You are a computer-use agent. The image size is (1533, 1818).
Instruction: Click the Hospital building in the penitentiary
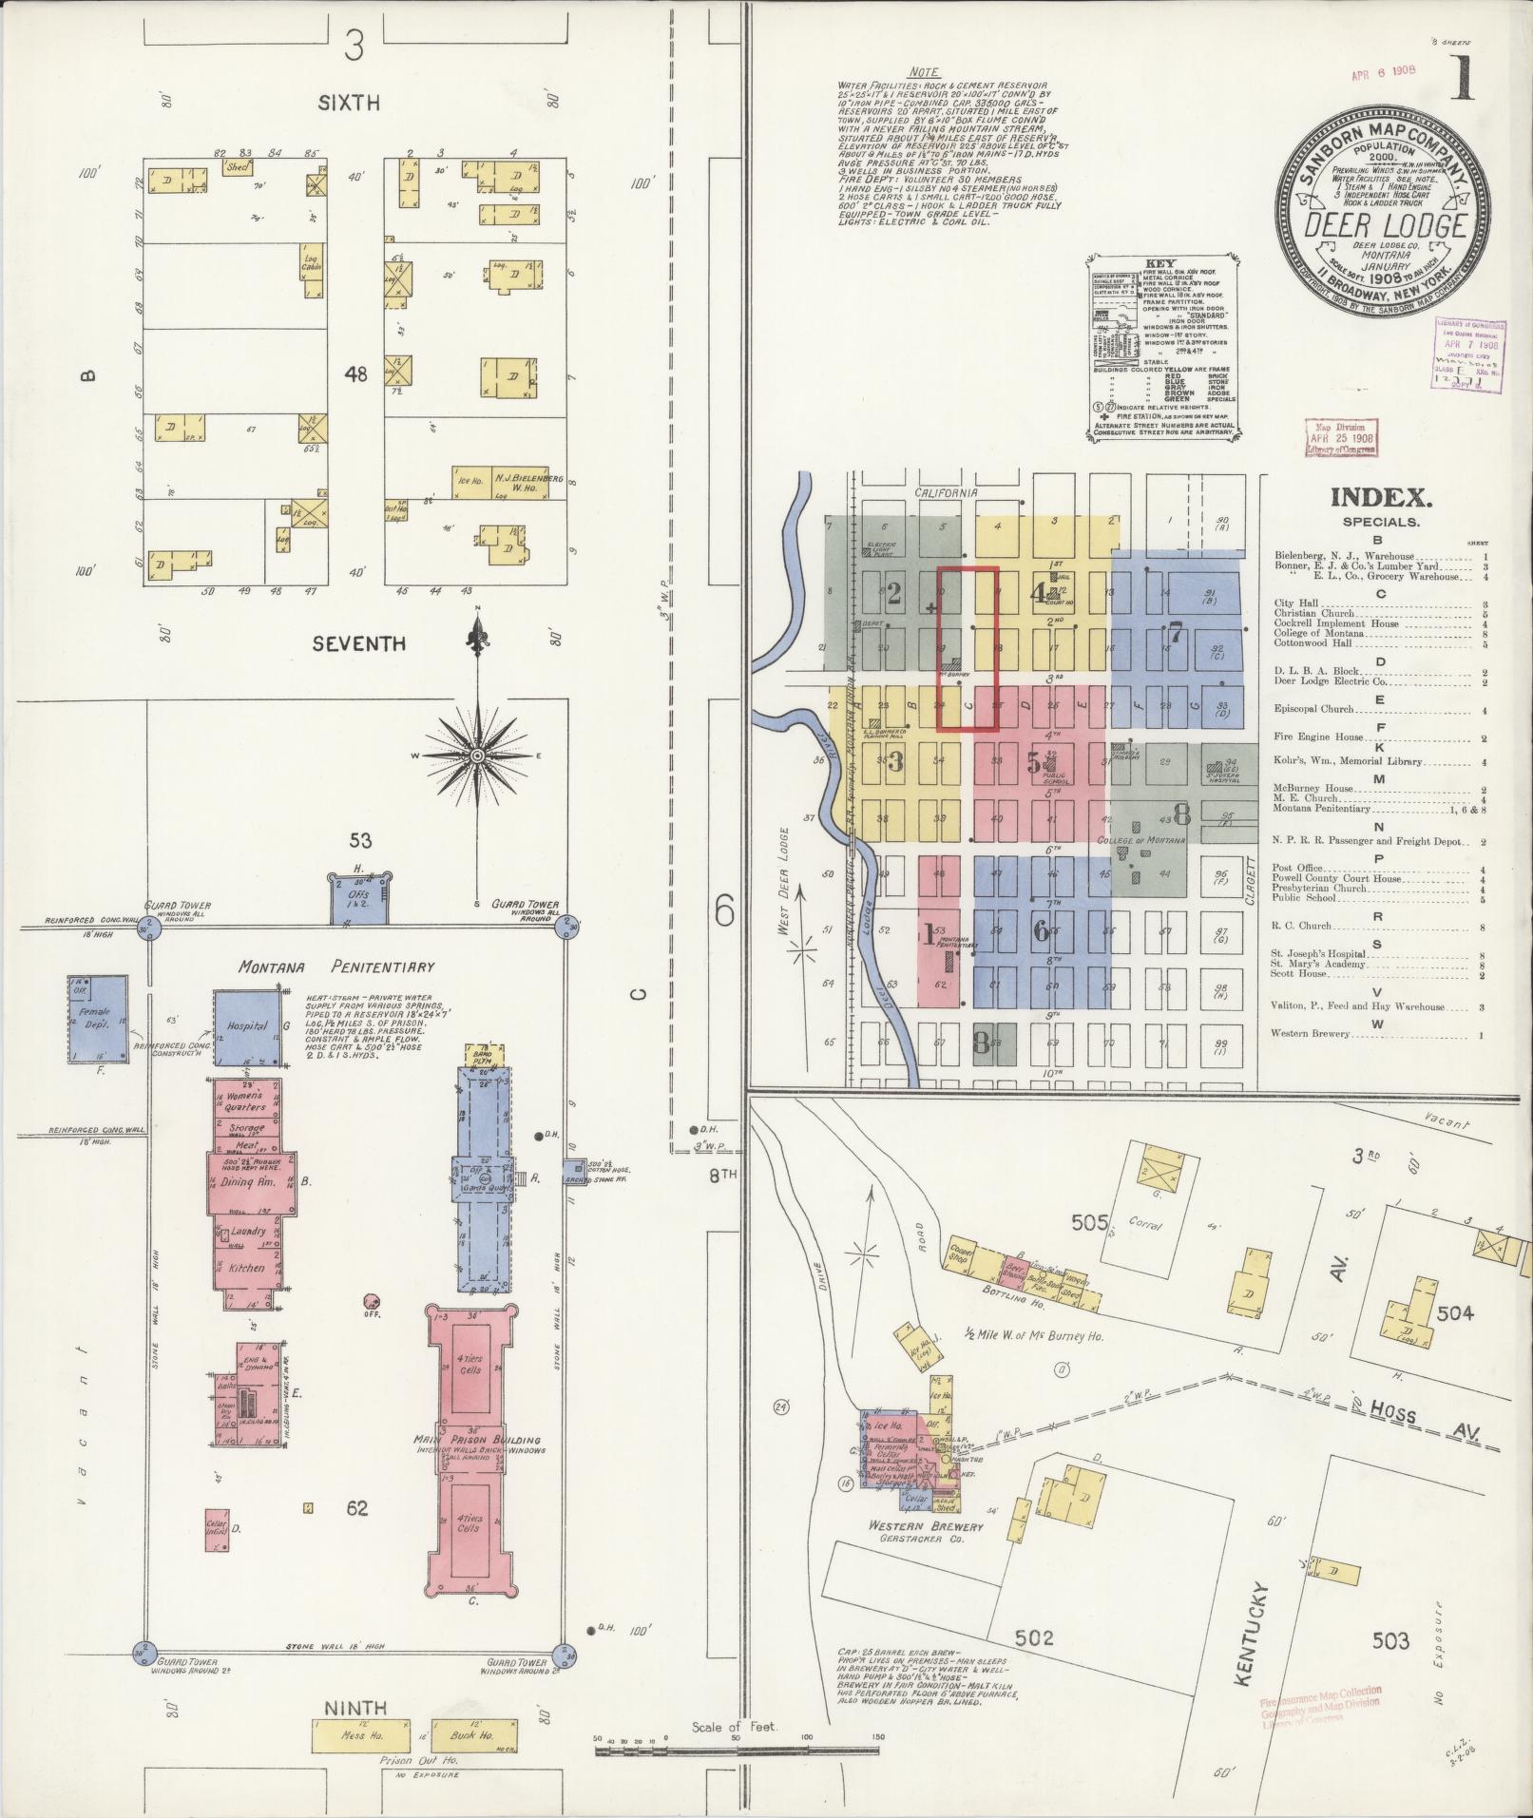[x=246, y=1027]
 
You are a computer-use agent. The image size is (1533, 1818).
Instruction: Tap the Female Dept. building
[x=97, y=1019]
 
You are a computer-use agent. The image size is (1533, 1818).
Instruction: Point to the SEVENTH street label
[x=359, y=644]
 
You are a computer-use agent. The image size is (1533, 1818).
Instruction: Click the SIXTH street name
[x=350, y=104]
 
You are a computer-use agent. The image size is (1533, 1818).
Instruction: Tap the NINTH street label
[x=355, y=1709]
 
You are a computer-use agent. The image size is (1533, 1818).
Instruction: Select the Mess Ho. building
[x=361, y=1735]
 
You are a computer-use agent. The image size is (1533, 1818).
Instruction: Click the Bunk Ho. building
[x=475, y=1735]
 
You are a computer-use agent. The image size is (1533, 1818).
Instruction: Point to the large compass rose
[x=477, y=756]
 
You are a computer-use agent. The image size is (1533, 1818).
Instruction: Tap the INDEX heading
[x=1380, y=496]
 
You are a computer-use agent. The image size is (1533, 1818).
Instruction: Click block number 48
[x=356, y=374]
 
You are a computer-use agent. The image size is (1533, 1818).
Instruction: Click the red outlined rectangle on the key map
[x=968, y=649]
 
